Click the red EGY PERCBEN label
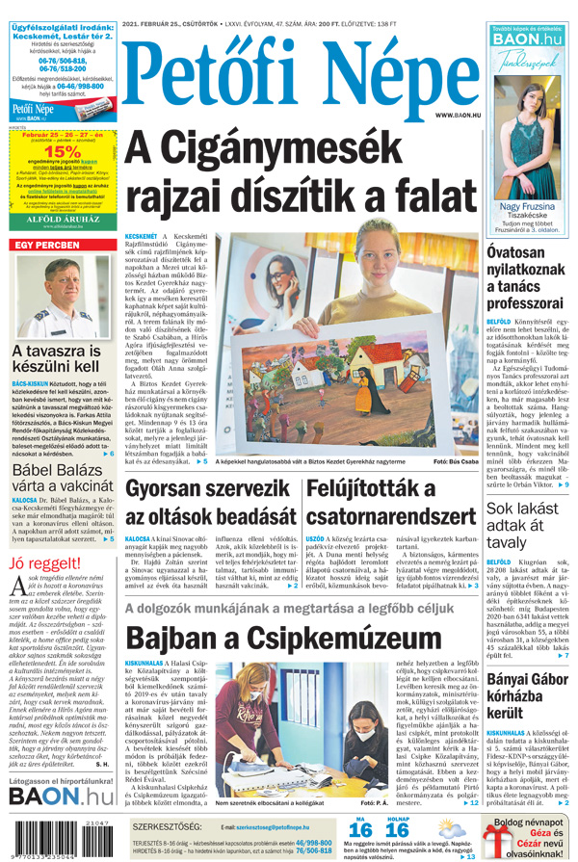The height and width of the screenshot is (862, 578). point(45,245)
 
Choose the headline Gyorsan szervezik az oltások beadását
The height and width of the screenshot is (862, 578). point(206,506)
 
